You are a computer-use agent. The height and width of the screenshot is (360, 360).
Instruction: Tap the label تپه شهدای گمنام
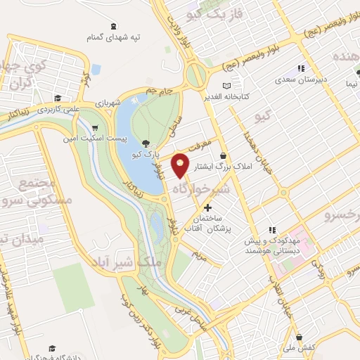(x=120, y=36)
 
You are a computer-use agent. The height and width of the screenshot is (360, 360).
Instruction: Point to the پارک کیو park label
(x=149, y=152)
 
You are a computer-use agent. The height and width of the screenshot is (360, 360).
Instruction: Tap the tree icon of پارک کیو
(x=146, y=141)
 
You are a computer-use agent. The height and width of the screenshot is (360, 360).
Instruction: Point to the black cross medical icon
(x=207, y=207)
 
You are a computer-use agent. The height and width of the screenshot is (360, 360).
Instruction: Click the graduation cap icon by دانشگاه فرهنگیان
(x=52, y=348)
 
